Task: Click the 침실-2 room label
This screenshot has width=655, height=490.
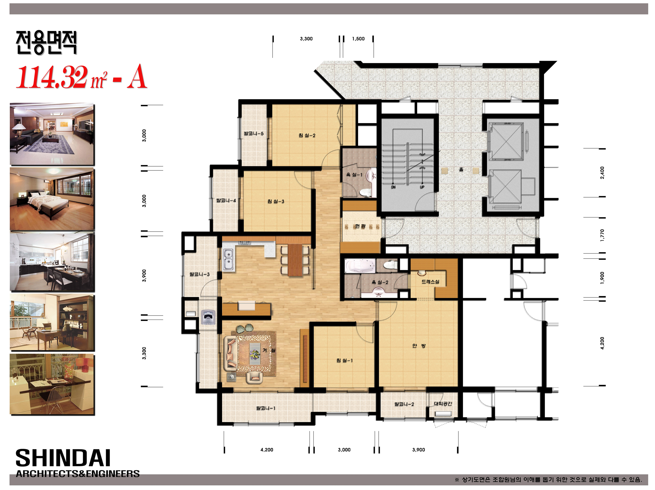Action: [x=307, y=135]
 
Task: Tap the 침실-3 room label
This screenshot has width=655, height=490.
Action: [x=276, y=201]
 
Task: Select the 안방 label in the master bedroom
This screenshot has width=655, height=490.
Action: [x=419, y=345]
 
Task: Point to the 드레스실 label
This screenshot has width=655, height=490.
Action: [x=430, y=282]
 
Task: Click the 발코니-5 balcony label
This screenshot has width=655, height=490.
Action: [x=254, y=133]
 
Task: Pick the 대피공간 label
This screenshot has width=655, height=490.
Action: [x=443, y=404]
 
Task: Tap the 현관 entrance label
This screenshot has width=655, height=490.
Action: [x=360, y=226]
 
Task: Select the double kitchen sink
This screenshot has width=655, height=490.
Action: [x=228, y=260]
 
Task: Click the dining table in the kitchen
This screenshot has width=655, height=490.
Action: [x=295, y=260]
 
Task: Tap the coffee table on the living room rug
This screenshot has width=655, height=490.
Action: [x=255, y=354]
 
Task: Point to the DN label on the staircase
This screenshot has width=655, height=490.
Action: [x=393, y=187]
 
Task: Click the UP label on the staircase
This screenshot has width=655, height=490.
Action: [x=422, y=187]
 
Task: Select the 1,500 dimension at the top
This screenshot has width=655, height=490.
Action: [x=358, y=39]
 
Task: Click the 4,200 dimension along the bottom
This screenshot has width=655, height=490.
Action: [x=267, y=450]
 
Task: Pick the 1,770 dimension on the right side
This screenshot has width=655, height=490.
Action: [x=602, y=235]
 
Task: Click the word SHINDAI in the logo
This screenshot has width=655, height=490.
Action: [x=63, y=458]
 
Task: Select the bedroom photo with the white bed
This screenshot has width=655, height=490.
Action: [x=52, y=199]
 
